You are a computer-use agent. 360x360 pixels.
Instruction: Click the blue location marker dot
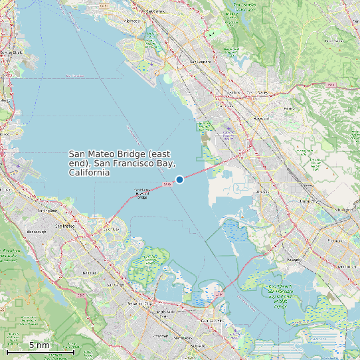click(179, 179)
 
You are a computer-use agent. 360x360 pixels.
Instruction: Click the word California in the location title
click(89, 173)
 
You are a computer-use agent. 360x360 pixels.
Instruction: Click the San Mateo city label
click(64, 226)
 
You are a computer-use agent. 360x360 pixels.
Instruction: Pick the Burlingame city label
click(47, 210)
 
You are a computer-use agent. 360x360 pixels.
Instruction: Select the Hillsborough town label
click(35, 232)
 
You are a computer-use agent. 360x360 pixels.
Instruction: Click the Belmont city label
click(88, 272)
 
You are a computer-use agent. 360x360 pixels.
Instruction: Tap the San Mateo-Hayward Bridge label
click(141, 193)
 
